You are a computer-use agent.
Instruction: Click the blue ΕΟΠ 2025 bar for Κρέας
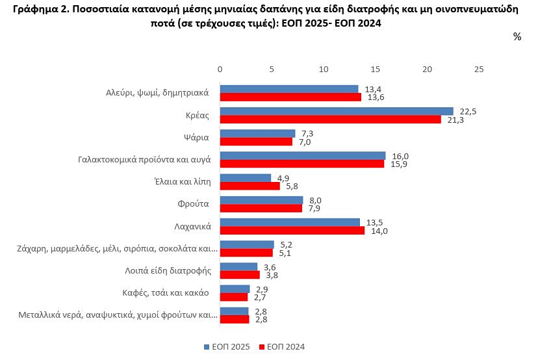point(337,111)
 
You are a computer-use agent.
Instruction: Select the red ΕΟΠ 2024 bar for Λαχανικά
point(292,231)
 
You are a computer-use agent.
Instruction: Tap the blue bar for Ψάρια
point(257,134)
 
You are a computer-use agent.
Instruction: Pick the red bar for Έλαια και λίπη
point(250,186)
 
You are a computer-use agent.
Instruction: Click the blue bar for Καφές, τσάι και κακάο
point(235,289)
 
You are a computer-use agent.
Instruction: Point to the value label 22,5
point(468,112)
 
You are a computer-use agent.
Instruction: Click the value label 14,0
point(379,231)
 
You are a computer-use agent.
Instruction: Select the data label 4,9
point(283,178)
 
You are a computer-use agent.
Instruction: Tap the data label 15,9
point(399,164)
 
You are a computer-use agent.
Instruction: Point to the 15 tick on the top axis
point(376,70)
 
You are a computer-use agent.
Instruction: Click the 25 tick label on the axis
point(479,70)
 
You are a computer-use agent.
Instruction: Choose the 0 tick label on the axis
point(220,70)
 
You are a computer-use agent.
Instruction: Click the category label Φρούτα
point(193,203)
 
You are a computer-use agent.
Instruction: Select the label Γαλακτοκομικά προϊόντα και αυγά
point(144,160)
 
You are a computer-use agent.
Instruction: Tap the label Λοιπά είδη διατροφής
point(168,271)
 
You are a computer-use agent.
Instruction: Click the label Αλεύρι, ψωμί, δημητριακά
point(157,93)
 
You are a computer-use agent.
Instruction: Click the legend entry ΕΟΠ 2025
point(227,346)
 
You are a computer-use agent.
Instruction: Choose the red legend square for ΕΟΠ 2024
point(261,347)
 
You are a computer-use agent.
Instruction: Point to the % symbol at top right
point(517,36)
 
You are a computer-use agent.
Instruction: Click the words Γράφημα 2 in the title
point(40,10)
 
